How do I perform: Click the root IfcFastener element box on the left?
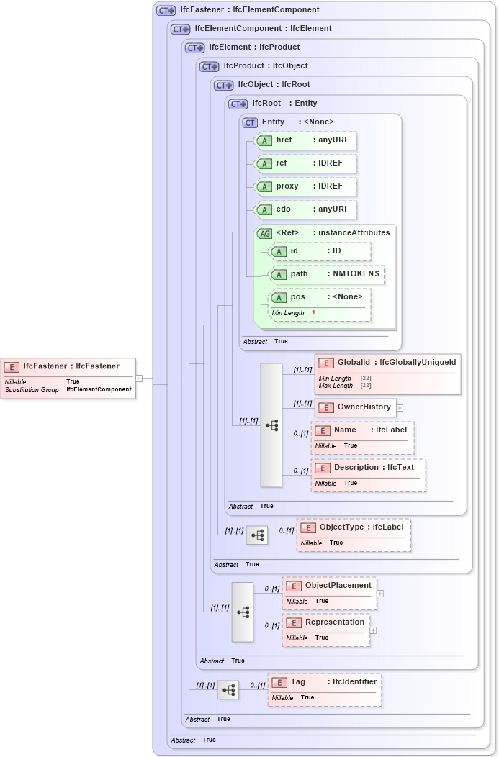(x=68, y=378)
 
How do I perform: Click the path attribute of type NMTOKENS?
(x=326, y=274)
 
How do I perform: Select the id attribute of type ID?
(x=320, y=251)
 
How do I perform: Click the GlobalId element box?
(x=387, y=373)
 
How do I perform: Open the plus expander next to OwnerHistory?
(x=400, y=408)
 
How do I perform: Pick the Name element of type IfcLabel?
(x=363, y=437)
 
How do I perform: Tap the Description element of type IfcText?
(x=368, y=474)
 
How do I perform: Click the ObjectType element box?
(x=354, y=534)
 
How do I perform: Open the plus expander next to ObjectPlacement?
(x=380, y=594)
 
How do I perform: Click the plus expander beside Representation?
(x=373, y=630)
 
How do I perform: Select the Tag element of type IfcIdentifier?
(x=325, y=689)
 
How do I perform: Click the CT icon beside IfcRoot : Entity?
(x=238, y=104)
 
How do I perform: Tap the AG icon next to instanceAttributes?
(x=264, y=233)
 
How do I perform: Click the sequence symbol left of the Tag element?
(x=228, y=690)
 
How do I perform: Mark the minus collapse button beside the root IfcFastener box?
(x=139, y=378)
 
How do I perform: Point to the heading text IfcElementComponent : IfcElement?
(x=263, y=29)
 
